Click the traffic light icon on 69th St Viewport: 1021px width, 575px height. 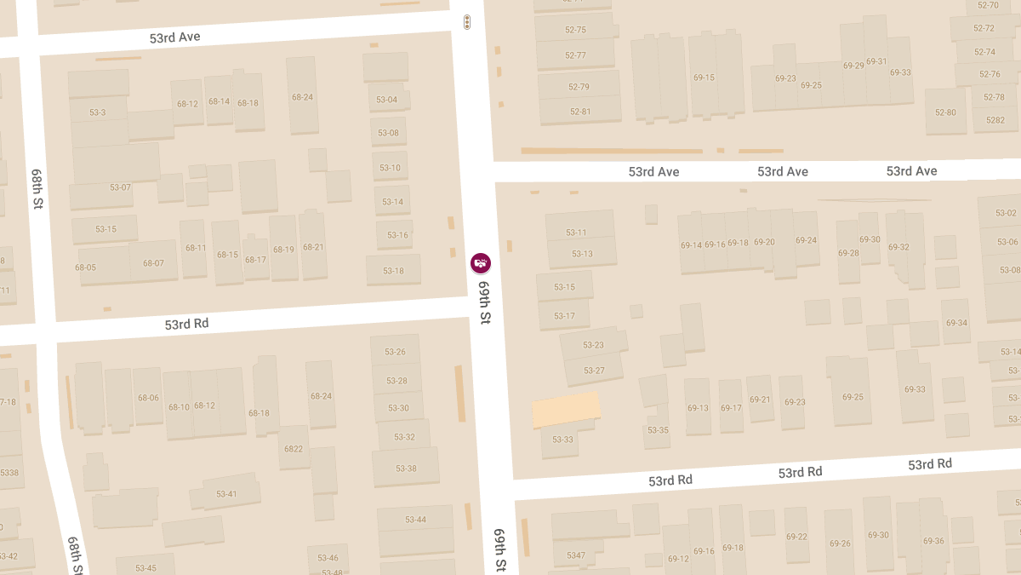point(466,22)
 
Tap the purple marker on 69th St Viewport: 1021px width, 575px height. point(481,263)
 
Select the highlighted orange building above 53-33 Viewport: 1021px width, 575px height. point(566,410)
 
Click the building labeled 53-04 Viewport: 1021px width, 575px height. point(387,100)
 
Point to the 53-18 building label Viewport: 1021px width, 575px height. point(393,271)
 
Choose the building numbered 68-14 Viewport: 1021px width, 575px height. point(219,101)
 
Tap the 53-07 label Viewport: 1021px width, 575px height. point(120,187)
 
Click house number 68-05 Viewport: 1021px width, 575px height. point(85,267)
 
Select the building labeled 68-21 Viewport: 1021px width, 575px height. point(313,247)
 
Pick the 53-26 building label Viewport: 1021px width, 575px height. point(395,352)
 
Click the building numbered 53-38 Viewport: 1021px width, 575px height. point(406,469)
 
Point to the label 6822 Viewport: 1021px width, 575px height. point(294,449)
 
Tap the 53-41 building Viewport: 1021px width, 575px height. point(226,494)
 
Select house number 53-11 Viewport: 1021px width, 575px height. point(576,233)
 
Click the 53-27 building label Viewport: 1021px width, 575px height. point(594,371)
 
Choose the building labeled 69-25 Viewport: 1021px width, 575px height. point(853,397)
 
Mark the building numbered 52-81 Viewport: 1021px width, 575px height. point(579,112)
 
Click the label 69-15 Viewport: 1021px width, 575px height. point(704,78)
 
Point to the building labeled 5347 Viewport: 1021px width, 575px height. point(576,555)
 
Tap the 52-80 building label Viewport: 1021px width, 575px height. point(945,112)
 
